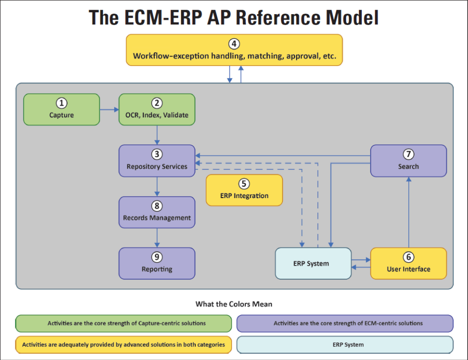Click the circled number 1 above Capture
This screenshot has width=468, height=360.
62,103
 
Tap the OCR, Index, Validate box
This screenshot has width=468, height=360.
157,110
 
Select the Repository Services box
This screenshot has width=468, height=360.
157,161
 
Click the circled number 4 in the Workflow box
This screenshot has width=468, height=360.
234,44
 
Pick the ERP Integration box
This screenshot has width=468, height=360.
244,190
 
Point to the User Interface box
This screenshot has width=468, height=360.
409,263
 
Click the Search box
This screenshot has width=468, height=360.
409,161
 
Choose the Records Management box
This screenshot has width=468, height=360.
157,212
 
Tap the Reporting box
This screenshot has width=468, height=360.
157,263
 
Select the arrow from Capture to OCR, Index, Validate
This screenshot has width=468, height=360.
109,110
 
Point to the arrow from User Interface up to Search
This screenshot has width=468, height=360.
409,212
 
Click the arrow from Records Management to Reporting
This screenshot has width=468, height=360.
157,238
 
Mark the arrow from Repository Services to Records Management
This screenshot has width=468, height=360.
157,187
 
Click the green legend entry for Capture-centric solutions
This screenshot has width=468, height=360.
123,323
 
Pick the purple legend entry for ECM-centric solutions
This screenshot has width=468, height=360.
345,323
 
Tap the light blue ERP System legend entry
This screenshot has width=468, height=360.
345,345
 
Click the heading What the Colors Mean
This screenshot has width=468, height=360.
234,304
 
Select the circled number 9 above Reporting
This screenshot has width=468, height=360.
157,257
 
